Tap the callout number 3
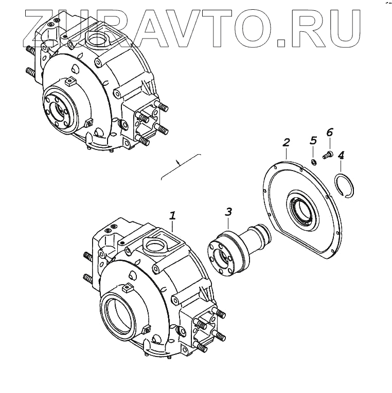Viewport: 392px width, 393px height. point(228,212)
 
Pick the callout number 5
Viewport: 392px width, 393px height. point(312,140)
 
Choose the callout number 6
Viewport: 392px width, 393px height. point(329,133)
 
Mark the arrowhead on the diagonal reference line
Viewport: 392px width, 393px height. point(179,162)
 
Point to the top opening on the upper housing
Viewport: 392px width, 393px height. point(97,39)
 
